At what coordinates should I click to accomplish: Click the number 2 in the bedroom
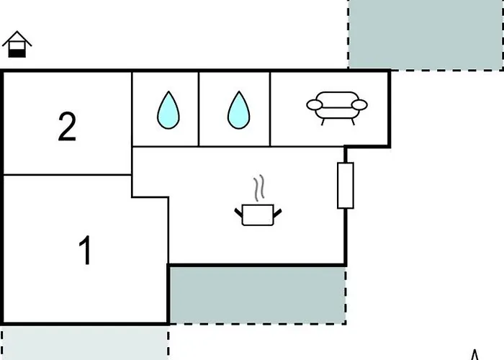point(67,127)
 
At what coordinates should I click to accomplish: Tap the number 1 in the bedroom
point(86,251)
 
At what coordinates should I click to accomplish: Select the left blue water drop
point(168,110)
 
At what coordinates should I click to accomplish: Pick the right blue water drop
point(238,110)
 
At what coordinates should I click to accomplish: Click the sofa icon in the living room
point(337,108)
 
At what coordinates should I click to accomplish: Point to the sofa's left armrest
point(315,105)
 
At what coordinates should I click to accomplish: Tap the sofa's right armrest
point(360,105)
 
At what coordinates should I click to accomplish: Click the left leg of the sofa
point(323,122)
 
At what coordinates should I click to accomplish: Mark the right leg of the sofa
point(353,122)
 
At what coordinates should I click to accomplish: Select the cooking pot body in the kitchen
point(258,215)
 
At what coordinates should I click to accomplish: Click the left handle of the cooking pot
point(238,212)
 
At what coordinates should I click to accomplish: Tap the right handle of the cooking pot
point(278,212)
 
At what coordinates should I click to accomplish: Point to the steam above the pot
point(259,188)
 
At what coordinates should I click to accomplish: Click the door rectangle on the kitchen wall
point(346,186)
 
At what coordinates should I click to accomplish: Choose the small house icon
point(17,45)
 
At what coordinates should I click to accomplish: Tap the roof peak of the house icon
point(17,32)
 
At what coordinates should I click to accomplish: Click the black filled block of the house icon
point(17,53)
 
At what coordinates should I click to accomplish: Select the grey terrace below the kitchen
point(258,294)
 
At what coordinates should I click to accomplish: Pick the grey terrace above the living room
point(426,34)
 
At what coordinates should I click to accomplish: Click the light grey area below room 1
point(85,343)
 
